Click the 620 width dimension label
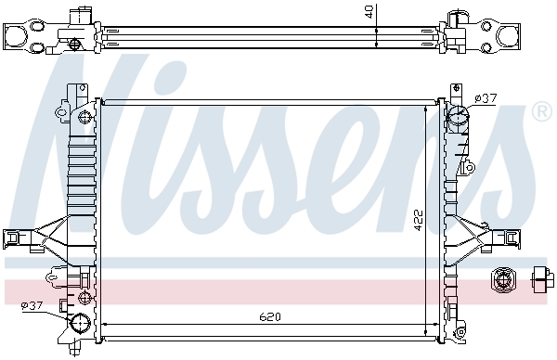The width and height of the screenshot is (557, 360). click(x=270, y=316)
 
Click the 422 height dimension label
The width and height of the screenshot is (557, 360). click(x=420, y=220)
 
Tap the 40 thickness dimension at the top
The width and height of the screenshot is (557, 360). click(x=369, y=11)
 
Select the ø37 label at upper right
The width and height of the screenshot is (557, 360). click(x=486, y=98)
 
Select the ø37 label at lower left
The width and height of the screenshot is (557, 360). click(x=32, y=305)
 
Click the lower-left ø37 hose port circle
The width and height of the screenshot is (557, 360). click(x=81, y=323)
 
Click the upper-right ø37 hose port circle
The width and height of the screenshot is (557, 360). click(x=457, y=114)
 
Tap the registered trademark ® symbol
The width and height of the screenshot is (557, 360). click(x=541, y=112)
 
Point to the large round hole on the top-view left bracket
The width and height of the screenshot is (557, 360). click(x=16, y=35)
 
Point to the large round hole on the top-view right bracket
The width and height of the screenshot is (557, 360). click(x=509, y=36)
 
